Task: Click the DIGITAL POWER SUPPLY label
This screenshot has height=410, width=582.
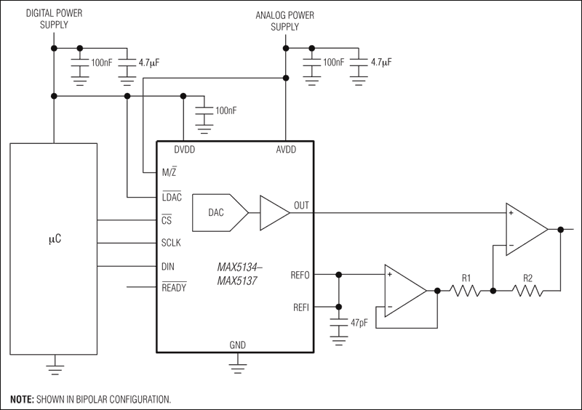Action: click(x=55, y=19)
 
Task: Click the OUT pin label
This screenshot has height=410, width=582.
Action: click(x=300, y=206)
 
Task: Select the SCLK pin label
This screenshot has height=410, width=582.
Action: click(x=172, y=242)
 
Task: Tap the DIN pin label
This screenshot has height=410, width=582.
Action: click(x=168, y=265)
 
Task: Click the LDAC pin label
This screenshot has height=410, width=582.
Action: click(x=172, y=197)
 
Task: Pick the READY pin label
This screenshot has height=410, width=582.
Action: click(x=175, y=288)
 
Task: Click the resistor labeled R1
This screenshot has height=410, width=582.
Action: click(x=465, y=291)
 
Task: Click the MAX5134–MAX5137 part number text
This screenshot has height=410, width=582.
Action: click(x=240, y=275)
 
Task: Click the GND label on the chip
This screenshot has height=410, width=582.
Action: click(x=236, y=345)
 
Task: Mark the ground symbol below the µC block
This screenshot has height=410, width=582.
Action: click(x=55, y=366)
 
